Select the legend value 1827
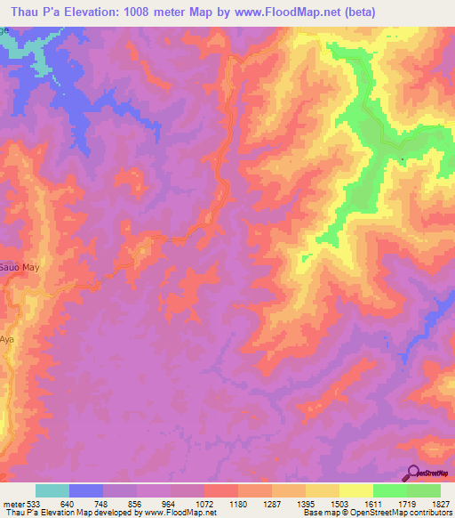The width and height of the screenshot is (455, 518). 442,503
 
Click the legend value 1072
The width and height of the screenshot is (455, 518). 204,503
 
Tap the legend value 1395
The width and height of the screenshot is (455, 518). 305,503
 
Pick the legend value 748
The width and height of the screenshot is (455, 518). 102,503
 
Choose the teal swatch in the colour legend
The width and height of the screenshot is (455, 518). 52,490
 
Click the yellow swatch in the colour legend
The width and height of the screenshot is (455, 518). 355,490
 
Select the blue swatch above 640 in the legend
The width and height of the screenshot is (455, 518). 86,490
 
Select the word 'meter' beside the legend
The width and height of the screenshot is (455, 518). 12,503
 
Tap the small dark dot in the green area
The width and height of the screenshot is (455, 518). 402,160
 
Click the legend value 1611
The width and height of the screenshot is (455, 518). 372,503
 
